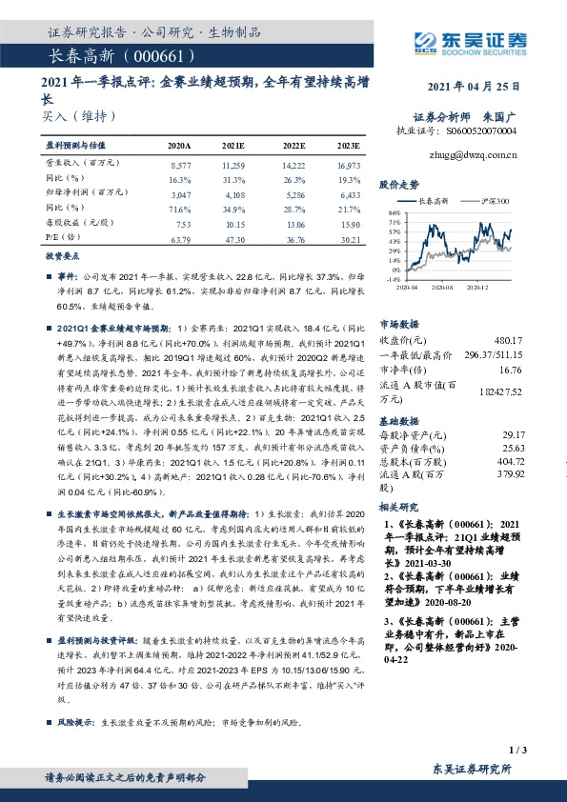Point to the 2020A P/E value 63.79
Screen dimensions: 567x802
click(x=179, y=238)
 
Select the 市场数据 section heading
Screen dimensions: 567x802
click(x=399, y=323)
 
